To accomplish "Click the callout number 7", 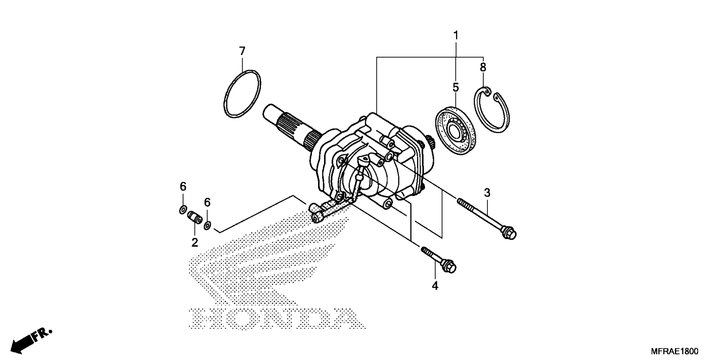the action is tap(242, 51).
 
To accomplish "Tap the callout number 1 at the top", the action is tap(456, 36).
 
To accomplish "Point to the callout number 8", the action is tap(483, 67).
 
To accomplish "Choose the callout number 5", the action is tap(456, 87).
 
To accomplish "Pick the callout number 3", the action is tap(487, 193).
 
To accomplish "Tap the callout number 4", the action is tap(435, 286).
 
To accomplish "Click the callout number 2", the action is tap(194, 243).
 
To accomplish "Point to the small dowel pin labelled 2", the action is tap(195, 217).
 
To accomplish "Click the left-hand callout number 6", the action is tap(183, 186).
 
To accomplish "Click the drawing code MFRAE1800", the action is tap(674, 351).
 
